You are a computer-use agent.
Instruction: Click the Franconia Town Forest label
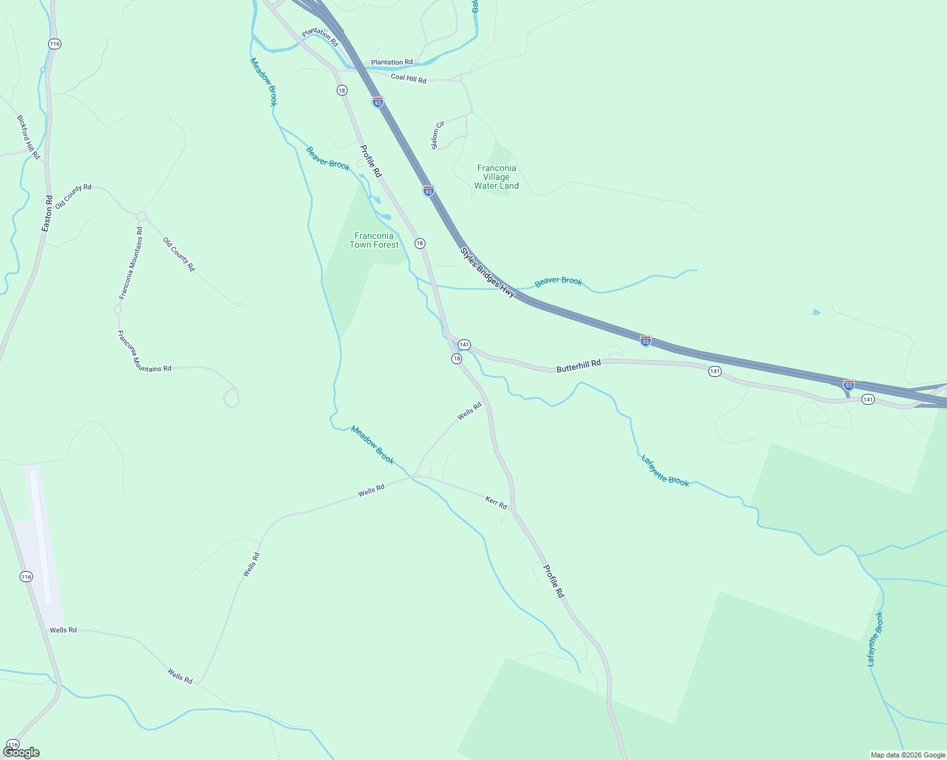tap(374, 240)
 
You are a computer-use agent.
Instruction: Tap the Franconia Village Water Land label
tap(496, 177)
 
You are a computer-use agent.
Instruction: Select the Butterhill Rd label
tap(579, 366)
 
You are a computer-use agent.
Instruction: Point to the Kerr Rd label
tap(496, 503)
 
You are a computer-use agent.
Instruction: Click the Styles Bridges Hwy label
tap(487, 272)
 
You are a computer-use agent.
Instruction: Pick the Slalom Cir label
tap(437, 135)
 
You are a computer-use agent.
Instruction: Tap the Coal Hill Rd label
tap(408, 79)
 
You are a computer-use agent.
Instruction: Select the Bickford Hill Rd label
tap(28, 137)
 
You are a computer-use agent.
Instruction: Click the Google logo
tap(22, 752)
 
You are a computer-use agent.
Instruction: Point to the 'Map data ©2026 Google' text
tap(907, 755)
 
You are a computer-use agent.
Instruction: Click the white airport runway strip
tap(41, 538)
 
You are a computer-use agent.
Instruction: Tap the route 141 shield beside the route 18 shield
tap(464, 345)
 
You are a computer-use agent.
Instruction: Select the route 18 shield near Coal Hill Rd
tap(342, 91)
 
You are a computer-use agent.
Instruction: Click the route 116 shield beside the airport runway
tap(26, 576)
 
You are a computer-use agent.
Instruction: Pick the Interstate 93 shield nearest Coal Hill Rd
tap(378, 102)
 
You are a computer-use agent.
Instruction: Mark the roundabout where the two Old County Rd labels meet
tap(141, 217)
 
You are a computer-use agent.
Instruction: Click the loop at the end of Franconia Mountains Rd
tap(232, 398)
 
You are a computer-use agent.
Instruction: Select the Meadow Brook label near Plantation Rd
tap(264, 82)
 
